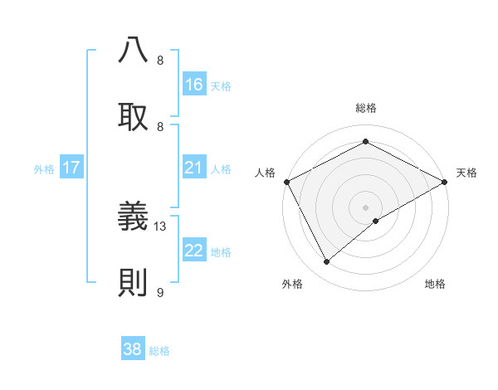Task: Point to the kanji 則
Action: click(x=134, y=283)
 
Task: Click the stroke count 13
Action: click(x=161, y=226)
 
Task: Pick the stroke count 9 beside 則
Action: click(x=160, y=292)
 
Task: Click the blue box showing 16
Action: click(x=194, y=84)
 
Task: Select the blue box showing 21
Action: click(x=194, y=168)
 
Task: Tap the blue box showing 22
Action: click(x=194, y=251)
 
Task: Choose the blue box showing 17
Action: click(x=71, y=168)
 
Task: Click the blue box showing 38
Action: click(x=133, y=349)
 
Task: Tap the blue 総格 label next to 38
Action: click(x=159, y=351)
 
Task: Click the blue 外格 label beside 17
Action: click(x=44, y=168)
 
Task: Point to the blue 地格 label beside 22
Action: click(x=221, y=251)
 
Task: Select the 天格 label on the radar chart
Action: click(x=467, y=173)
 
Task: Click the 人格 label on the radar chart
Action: click(x=265, y=173)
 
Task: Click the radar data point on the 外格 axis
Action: click(x=327, y=262)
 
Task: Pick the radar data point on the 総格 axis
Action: click(x=365, y=142)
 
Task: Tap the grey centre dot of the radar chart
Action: click(x=365, y=207)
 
